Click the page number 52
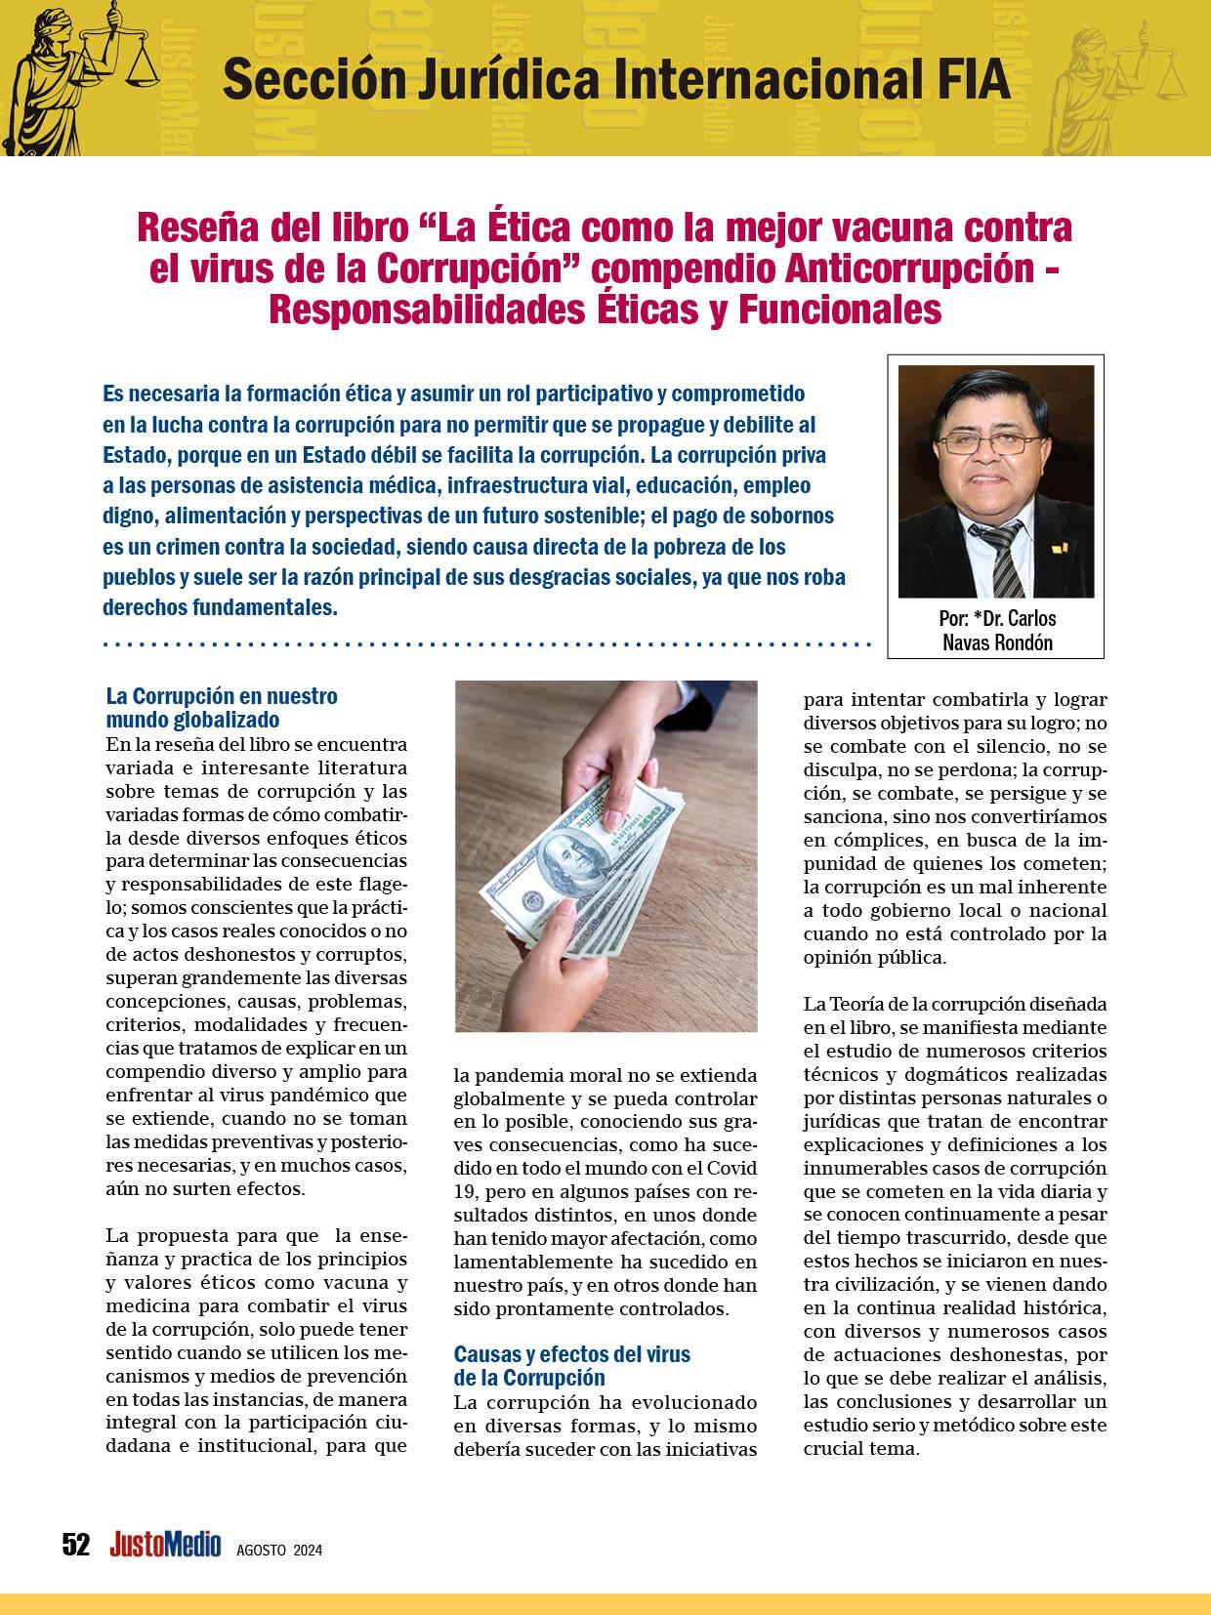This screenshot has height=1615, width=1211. [75, 1544]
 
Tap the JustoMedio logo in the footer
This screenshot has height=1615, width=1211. [165, 1544]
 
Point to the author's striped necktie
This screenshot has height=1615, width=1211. [999, 556]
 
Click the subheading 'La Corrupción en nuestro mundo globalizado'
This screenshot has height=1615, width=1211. [221, 708]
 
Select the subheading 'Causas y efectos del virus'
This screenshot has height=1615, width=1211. [571, 1354]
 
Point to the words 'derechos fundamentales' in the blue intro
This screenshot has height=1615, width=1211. [220, 606]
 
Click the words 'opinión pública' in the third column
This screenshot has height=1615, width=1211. [874, 957]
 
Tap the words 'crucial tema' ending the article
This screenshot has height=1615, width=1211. [860, 1448]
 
